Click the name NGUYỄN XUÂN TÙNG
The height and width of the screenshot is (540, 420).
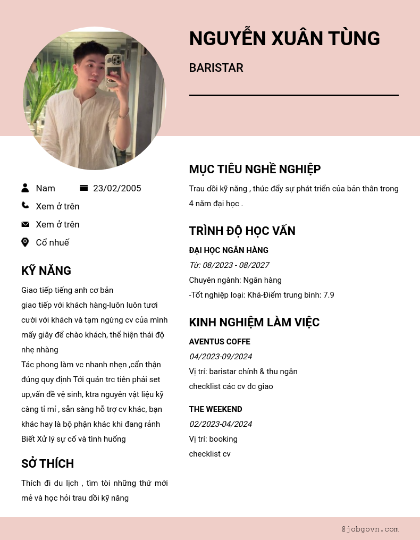[284, 39]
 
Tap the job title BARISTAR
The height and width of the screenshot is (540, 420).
[216, 68]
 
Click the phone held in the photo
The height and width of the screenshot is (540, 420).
[113, 69]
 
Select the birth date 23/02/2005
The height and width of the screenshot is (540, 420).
[117, 188]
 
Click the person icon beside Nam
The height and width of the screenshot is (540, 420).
[25, 188]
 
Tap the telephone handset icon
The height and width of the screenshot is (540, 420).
[25, 206]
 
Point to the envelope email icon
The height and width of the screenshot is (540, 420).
[25, 224]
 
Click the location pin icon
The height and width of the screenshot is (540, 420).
[25, 242]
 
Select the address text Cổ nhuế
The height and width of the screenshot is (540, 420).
[52, 242]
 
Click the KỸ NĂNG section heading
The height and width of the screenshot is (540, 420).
[46, 271]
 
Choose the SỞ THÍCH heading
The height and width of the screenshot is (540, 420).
[47, 463]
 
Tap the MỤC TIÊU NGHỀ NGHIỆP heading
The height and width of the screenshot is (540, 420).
[255, 169]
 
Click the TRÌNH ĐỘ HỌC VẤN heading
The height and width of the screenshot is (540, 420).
[242, 231]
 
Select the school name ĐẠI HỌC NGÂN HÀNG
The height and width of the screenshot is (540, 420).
[229, 250]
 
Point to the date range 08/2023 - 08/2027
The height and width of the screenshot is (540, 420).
[236, 265]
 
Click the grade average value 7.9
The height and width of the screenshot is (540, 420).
[329, 295]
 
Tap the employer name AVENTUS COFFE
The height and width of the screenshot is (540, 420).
[220, 342]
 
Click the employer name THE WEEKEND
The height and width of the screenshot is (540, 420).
[215, 409]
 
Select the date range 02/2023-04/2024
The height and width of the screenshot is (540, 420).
[220, 424]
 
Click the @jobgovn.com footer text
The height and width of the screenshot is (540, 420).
[370, 529]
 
